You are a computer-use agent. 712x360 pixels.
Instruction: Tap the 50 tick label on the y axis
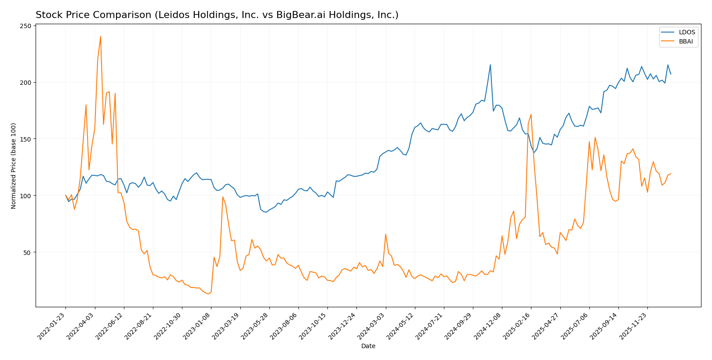click(28, 252)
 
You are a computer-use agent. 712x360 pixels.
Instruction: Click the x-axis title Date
click(368, 346)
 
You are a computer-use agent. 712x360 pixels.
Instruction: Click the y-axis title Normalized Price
click(14, 166)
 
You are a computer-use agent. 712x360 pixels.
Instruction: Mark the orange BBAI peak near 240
click(100, 37)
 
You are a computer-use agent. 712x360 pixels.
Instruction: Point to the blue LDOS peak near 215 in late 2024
click(490, 65)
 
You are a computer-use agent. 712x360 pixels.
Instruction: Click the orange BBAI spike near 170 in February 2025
click(531, 115)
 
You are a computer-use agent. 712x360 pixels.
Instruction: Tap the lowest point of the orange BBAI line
click(208, 294)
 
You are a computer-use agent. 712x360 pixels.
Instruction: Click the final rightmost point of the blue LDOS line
click(671, 74)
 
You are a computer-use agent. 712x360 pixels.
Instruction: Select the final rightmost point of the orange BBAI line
click(671, 174)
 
